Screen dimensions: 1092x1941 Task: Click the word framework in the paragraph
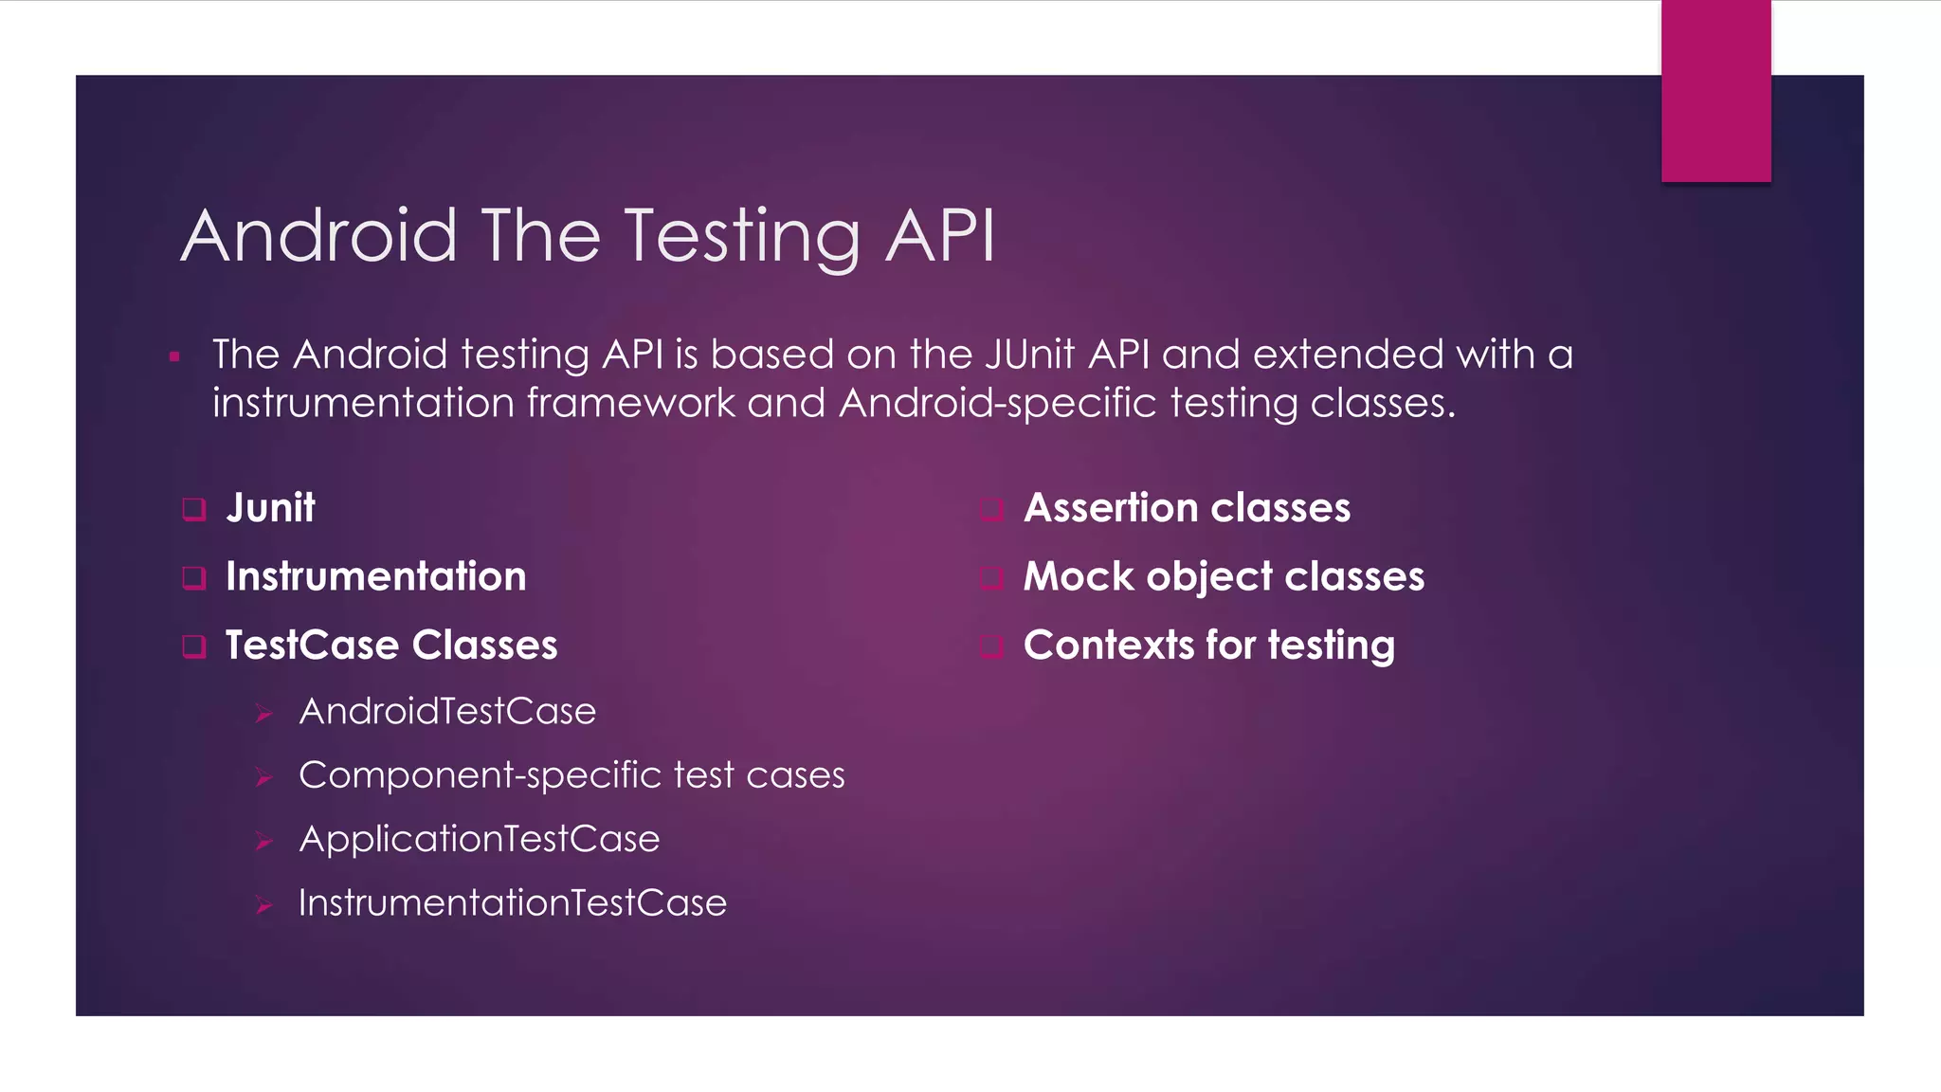[x=630, y=403]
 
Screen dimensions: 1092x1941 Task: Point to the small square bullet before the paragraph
[x=174, y=357]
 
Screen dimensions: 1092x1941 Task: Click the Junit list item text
[x=270, y=508]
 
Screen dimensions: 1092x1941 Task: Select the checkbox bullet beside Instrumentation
[x=194, y=577]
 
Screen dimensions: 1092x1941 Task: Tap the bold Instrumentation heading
[x=375, y=576]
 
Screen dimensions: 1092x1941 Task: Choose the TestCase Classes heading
[x=391, y=646]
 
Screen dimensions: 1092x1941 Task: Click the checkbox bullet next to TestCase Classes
[x=194, y=646]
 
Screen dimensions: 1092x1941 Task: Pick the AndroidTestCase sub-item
[x=447, y=711]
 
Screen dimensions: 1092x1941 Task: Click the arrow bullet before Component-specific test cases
[x=264, y=778]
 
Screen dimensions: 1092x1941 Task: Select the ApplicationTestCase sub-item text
[x=479, y=839]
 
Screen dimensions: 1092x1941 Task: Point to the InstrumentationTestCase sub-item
[x=513, y=902]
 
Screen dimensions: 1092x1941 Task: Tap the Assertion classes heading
[x=1187, y=508]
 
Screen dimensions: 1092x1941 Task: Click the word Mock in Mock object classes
[x=1079, y=576]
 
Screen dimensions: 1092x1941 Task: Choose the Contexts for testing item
[x=1208, y=646]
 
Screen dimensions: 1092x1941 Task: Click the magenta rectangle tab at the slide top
[x=1715, y=91]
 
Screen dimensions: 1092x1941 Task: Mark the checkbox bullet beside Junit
[x=194, y=509]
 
